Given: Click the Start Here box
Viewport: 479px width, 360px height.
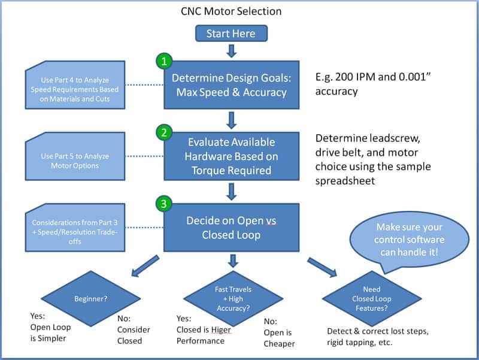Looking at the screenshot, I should (x=231, y=34).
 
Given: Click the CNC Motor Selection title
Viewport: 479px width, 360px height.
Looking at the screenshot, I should (x=231, y=11).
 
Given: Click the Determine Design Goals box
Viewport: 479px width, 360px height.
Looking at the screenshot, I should (x=232, y=86).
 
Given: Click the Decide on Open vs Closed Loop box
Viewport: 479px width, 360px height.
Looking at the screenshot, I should (x=232, y=228).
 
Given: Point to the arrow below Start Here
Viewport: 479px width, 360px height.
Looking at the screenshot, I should (x=232, y=50).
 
